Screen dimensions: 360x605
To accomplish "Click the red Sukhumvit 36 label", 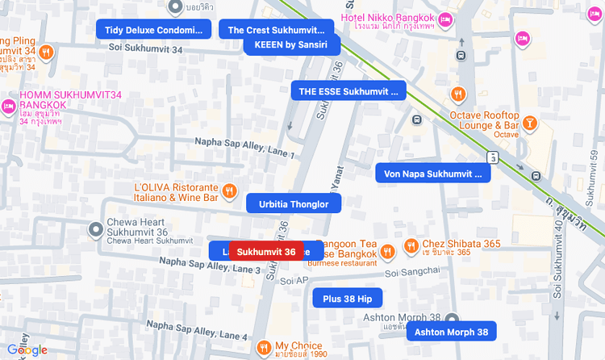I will click(266, 252).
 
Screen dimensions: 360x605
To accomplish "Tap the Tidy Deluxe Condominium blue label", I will click(153, 30).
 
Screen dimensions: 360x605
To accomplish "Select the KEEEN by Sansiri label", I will click(290, 44).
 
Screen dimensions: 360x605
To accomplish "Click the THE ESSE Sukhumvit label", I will click(348, 91).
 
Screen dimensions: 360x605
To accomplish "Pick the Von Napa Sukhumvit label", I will click(432, 174).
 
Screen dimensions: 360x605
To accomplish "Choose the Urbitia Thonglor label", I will click(294, 204).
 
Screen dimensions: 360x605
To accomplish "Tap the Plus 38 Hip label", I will click(347, 299).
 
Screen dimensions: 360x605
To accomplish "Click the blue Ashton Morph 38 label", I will click(451, 332).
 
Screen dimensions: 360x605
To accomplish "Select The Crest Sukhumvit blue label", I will click(276, 30).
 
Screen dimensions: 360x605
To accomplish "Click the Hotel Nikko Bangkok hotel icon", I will click(444, 19).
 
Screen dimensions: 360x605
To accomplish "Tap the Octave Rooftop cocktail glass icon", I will click(530, 123).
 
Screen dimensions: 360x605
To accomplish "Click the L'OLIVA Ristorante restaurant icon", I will click(229, 191).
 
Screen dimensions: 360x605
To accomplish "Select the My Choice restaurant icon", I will click(264, 348).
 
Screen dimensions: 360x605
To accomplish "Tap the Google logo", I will click(27, 350).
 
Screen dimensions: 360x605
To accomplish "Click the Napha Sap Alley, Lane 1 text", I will click(244, 147).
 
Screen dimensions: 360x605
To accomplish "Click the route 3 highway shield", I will click(492, 157).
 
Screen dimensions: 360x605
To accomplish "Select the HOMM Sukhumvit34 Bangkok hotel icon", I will click(10, 107).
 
